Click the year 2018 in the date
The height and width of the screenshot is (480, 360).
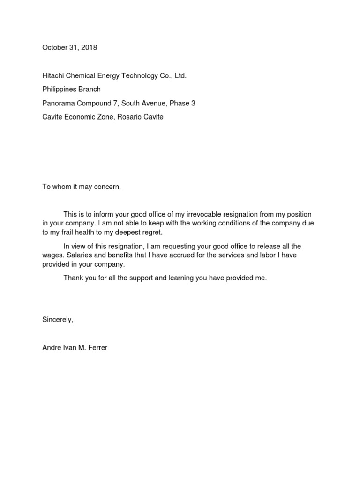89,47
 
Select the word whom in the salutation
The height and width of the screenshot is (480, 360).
61,187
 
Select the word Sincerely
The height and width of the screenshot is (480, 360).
58,320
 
